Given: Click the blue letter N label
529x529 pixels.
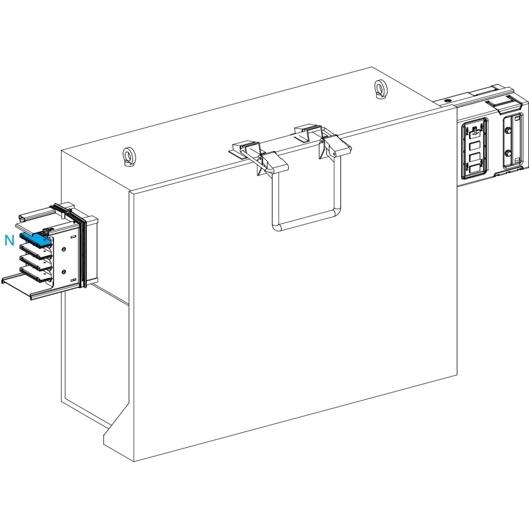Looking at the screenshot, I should [x=9, y=240].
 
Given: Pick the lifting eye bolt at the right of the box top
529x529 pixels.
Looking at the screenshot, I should [x=381, y=88].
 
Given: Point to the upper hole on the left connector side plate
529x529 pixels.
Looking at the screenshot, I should [x=64, y=250].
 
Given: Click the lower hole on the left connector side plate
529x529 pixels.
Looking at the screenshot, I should [x=64, y=272].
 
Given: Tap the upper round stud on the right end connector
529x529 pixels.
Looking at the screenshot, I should [x=508, y=132].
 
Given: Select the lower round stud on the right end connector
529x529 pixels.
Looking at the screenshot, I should [x=508, y=153].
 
